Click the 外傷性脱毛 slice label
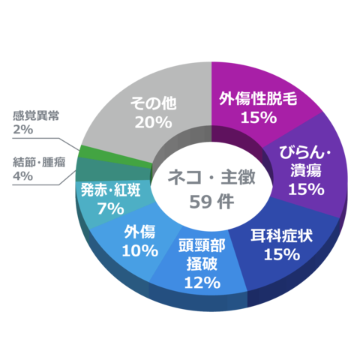[x=258, y=98]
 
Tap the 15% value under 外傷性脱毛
[x=259, y=118]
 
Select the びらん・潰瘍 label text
[x=305, y=161]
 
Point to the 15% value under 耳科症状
[x=282, y=254]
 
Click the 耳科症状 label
[x=282, y=235]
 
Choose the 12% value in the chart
[x=202, y=283]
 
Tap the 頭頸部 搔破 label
[x=202, y=254]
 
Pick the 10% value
[x=140, y=250]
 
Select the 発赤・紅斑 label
[x=111, y=190]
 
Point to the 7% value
[x=110, y=208]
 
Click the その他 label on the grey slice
[x=154, y=103]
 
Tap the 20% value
[x=154, y=122]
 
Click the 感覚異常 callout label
[x=36, y=115]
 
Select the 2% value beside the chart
[x=22, y=130]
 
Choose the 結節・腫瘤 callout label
[x=39, y=162]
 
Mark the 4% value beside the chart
[x=22, y=176]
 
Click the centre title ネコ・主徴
[x=211, y=177]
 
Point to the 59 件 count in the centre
[x=211, y=202]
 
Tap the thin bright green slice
[x=115, y=155]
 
